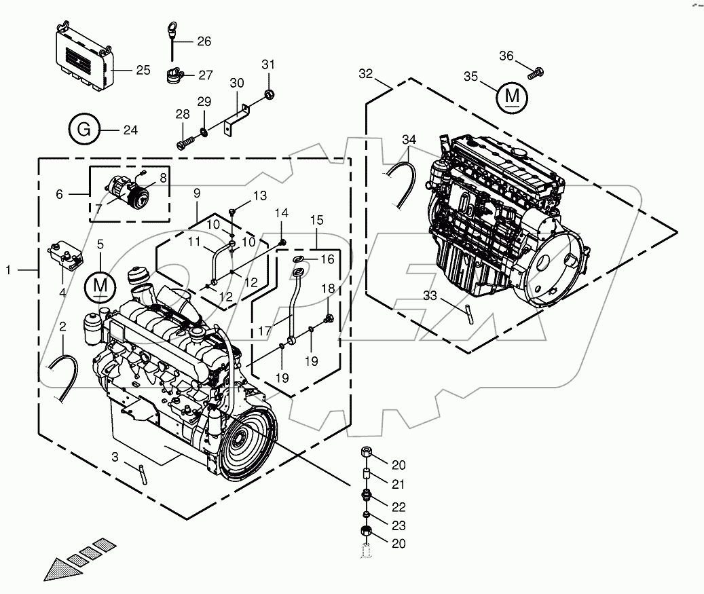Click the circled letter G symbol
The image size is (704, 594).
coord(84,129)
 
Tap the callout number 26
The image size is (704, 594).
coord(204,41)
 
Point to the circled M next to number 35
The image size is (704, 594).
coord(511,97)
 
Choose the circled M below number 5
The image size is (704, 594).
coord(100,286)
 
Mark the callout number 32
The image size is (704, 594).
coord(367,74)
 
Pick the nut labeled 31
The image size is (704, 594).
coord(269,92)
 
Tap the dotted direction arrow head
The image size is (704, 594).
coord(58,569)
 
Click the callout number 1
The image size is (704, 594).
coord(8,270)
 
